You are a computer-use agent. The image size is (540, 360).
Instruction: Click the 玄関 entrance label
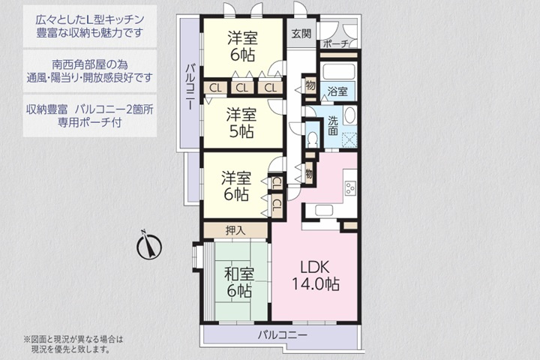pos(301,34)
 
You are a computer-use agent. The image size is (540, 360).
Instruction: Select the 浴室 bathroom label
pos(337,91)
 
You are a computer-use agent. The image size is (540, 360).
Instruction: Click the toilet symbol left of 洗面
pos(312,139)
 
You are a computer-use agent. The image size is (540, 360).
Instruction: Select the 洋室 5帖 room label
pos(241,122)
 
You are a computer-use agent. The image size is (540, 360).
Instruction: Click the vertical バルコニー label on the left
pos(190,88)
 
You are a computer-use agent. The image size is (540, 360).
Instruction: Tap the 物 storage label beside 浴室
pos(310,86)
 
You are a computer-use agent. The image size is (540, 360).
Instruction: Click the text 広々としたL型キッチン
pos(90,18)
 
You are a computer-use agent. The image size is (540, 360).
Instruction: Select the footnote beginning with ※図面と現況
pos(73,343)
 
